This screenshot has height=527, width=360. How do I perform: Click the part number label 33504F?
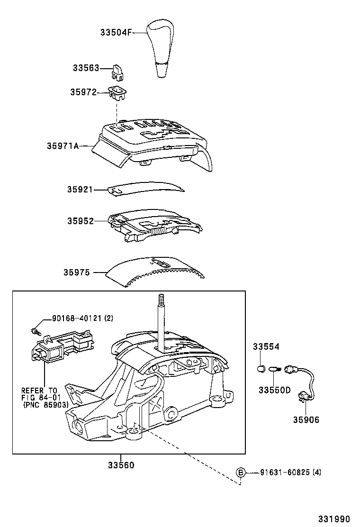(x=116, y=32)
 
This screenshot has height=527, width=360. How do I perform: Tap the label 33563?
(x=86, y=68)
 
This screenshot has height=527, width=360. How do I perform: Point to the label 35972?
(x=83, y=92)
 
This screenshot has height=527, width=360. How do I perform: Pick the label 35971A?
(x=63, y=146)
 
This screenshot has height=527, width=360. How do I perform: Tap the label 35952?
(x=80, y=221)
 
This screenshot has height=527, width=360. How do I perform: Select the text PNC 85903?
(x=45, y=405)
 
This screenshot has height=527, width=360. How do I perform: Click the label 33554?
(x=265, y=347)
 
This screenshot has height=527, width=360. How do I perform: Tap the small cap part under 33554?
(x=260, y=368)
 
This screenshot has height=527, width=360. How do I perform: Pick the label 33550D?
(x=274, y=390)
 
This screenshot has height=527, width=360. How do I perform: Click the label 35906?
(x=306, y=419)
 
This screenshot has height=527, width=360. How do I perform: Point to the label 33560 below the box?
(x=121, y=465)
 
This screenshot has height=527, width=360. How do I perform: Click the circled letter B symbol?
(x=241, y=472)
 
